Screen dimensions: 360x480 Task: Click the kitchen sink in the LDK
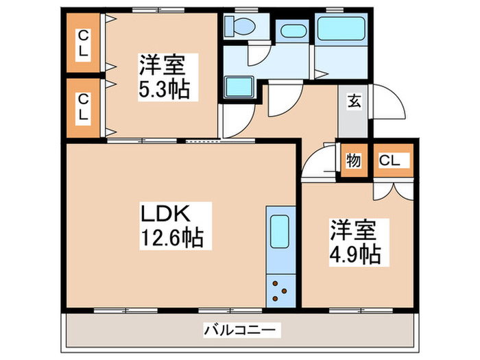point(280,231)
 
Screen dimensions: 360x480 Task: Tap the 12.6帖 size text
point(172,239)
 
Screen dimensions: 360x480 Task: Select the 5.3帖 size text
point(164,89)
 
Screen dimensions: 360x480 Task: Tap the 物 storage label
point(354,162)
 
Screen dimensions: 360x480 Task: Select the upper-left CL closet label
point(82,43)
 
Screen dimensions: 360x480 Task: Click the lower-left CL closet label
point(82,108)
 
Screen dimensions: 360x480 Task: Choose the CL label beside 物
point(391,162)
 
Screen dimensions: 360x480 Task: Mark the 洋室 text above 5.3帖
point(164,67)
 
